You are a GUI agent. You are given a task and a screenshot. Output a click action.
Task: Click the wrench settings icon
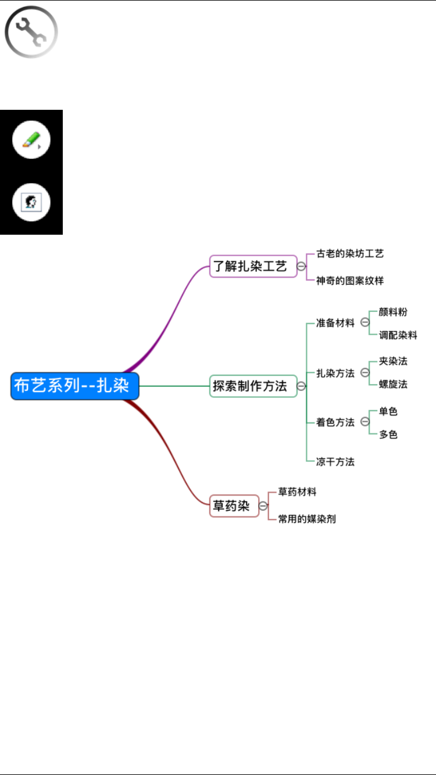pyautogui.click(x=31, y=32)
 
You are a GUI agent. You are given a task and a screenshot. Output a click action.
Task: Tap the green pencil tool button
pyautogui.click(x=31, y=140)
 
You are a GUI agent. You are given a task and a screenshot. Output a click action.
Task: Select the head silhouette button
pyautogui.click(x=31, y=202)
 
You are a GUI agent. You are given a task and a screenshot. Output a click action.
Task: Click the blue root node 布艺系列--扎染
pyautogui.click(x=75, y=386)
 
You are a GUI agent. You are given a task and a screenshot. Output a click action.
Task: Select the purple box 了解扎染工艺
pyautogui.click(x=253, y=266)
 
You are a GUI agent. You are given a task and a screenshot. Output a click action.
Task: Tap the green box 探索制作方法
pyautogui.click(x=253, y=386)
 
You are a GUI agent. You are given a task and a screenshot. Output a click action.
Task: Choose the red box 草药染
pyautogui.click(x=234, y=506)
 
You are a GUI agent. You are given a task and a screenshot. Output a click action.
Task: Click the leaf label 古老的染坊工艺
pyautogui.click(x=350, y=254)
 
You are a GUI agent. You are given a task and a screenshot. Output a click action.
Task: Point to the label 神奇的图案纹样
pyautogui.click(x=350, y=281)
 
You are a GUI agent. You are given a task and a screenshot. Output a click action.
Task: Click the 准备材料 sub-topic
pyautogui.click(x=335, y=323)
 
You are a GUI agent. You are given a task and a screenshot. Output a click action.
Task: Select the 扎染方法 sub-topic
pyautogui.click(x=335, y=373)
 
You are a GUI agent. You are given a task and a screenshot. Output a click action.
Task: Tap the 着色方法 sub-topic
pyautogui.click(x=335, y=422)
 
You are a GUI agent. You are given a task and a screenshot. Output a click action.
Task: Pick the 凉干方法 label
pyautogui.click(x=335, y=461)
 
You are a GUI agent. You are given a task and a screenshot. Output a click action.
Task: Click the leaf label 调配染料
pyautogui.click(x=398, y=335)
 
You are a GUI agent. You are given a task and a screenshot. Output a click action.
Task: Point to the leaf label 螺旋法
pyautogui.click(x=393, y=384)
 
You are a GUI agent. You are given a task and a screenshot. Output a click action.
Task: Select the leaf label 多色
pyautogui.click(x=388, y=434)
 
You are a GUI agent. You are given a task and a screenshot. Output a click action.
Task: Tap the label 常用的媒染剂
pyautogui.click(x=307, y=519)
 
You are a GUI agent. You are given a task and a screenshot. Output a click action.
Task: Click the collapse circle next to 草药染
pyautogui.click(x=263, y=506)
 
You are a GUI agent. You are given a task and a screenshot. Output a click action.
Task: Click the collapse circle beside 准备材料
pyautogui.click(x=365, y=322)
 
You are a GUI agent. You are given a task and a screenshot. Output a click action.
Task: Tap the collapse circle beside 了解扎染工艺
pyautogui.click(x=301, y=266)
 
